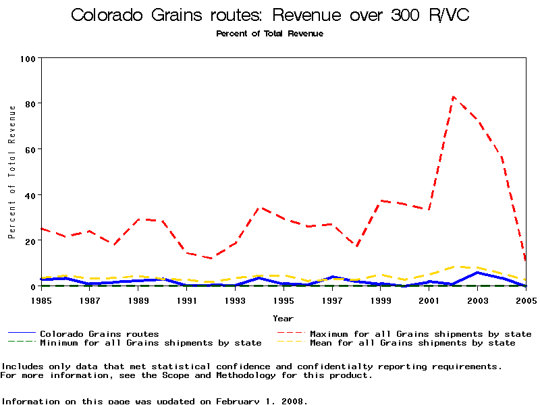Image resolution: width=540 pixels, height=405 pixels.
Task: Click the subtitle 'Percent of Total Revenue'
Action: click(269, 33)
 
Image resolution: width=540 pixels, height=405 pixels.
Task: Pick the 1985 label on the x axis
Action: click(41, 299)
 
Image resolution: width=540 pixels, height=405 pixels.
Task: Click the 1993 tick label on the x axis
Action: click(235, 299)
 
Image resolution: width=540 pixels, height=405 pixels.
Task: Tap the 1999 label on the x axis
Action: click(381, 299)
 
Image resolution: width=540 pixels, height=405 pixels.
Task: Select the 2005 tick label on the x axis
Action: click(526, 299)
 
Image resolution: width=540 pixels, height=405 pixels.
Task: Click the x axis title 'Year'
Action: click(283, 318)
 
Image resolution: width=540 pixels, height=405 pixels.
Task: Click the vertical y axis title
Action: click(11, 172)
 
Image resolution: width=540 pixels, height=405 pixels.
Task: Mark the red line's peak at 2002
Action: click(454, 97)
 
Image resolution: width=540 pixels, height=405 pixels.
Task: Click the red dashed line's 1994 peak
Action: click(260, 208)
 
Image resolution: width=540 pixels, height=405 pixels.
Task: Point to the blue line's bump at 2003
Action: click(478, 272)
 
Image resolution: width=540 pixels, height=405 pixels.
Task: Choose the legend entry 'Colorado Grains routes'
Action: click(99, 333)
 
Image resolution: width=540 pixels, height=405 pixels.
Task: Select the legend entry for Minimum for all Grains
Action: click(151, 343)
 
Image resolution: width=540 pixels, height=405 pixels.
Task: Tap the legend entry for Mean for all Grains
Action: click(412, 343)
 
